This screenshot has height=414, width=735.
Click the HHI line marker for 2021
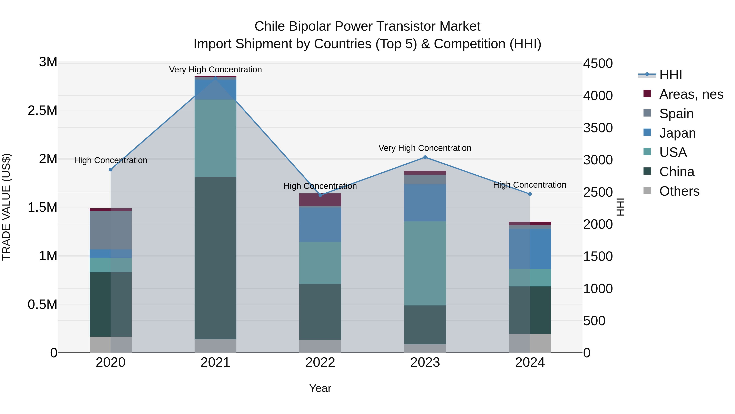pos(215,78)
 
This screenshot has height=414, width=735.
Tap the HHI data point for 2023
pos(425,157)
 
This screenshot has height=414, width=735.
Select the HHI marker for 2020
pos(111,169)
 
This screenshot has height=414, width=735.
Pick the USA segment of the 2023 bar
pos(425,263)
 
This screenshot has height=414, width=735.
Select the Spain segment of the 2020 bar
pos(111,230)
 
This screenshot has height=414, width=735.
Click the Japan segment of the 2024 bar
pos(530,249)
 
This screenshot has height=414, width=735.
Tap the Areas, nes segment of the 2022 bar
pos(320,199)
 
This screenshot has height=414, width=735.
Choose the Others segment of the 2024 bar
pos(530,343)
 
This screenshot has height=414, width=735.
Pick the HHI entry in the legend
pos(670,75)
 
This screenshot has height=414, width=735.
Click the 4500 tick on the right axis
pos(598,63)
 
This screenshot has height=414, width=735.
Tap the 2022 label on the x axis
pos(320,362)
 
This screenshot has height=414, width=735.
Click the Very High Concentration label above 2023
pos(425,148)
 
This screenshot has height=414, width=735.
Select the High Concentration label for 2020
pos(111,160)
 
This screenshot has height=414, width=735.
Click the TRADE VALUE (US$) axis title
pos(6,207)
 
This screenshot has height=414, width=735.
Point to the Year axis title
pos(320,388)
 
